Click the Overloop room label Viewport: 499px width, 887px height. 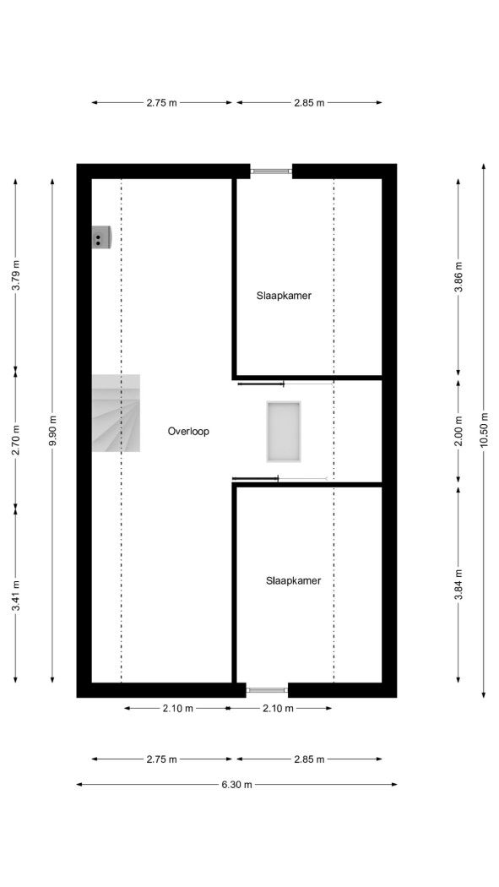188,431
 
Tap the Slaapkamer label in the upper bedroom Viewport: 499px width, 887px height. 284,296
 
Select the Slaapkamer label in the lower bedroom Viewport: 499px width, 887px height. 293,580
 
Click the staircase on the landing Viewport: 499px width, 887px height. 116,413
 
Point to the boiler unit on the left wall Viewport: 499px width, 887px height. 101,237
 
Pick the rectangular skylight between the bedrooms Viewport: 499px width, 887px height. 284,432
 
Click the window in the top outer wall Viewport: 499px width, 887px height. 271,171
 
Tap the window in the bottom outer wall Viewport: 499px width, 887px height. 268,690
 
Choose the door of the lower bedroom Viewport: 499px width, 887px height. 279,479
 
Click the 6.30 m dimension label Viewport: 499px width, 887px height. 236,785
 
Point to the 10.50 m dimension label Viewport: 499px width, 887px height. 484,430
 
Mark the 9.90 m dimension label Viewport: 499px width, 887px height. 52,431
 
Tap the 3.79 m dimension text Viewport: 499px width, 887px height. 15,275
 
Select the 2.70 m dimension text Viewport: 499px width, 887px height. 15,439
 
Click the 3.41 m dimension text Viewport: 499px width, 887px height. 15,596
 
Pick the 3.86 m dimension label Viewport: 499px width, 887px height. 458,276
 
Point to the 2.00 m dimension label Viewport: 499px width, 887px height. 458,431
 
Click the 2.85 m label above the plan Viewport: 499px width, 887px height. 309,103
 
